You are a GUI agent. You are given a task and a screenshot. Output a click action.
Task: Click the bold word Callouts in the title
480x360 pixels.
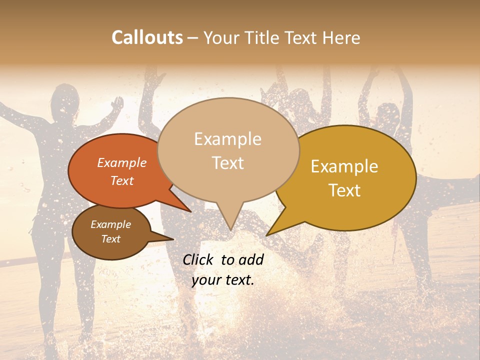coord(147,37)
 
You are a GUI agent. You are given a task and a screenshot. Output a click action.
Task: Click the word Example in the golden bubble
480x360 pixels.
coord(344,166)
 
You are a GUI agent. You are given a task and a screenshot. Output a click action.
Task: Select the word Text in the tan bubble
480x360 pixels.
coord(228,163)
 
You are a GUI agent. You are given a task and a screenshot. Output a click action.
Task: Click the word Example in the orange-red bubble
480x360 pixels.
coord(121,162)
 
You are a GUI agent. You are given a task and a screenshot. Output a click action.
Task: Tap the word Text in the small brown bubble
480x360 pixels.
coord(110,239)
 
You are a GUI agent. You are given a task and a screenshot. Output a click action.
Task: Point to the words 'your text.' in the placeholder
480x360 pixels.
coord(222,280)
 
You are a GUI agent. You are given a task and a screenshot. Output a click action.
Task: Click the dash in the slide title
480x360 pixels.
coord(193,37)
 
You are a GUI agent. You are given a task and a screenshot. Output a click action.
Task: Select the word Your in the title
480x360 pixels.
coord(220,37)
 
